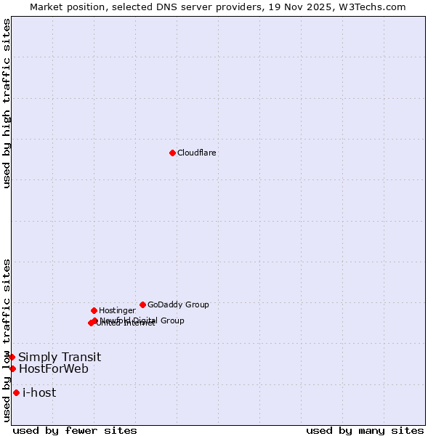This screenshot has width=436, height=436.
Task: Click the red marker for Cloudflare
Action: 172,153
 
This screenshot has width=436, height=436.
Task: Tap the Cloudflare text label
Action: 197,153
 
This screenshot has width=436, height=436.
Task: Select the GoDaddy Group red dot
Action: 142,304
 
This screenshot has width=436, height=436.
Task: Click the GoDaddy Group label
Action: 178,304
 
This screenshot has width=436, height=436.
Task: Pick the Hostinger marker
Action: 94,310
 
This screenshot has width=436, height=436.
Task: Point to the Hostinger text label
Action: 117,310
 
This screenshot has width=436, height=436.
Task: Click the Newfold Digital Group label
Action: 145,320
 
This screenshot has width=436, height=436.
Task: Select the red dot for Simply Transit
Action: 12,357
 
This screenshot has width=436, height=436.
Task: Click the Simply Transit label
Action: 60,357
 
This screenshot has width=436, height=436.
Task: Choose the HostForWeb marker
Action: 12,368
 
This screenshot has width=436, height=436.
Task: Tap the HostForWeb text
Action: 54,368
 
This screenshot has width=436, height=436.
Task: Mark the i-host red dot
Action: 16,392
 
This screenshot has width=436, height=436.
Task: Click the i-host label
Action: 39,392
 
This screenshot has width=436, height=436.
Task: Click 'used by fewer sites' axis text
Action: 75,430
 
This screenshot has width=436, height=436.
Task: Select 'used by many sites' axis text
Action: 365,430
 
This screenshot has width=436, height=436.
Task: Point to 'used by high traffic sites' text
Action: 7,103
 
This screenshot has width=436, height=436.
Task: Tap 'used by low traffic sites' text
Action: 7,340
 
